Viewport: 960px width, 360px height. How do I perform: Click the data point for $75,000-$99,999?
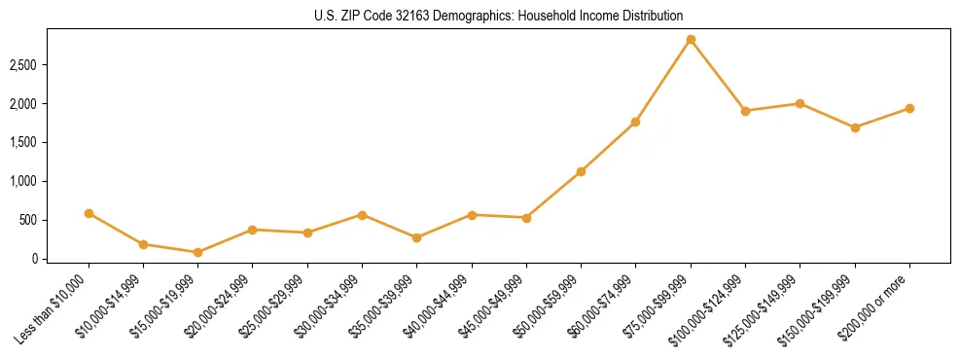(x=691, y=40)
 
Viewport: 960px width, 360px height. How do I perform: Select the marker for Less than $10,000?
(x=89, y=213)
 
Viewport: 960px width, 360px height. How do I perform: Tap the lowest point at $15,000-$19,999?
(x=198, y=252)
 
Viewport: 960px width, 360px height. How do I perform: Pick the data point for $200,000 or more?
(x=909, y=108)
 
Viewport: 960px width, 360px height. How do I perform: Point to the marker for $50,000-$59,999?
(x=581, y=171)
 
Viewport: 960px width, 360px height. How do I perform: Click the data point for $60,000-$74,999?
(x=635, y=122)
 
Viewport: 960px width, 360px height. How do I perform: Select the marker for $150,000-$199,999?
(x=855, y=127)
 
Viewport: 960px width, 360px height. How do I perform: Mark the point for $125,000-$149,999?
(x=800, y=103)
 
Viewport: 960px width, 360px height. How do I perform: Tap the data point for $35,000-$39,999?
(x=417, y=237)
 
